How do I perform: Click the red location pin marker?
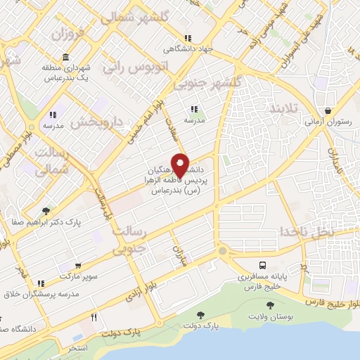tap(180, 165)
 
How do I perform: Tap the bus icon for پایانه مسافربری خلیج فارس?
tap(262, 265)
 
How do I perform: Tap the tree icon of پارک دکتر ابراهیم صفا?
tap(46, 210)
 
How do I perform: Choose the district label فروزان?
tap(67, 33)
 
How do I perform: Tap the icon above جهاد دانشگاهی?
tap(186, 38)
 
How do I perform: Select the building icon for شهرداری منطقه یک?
tap(65, 57)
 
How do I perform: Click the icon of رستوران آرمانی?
tap(328, 110)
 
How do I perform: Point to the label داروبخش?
tap(95, 122)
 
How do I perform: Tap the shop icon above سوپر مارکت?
tap(78, 266)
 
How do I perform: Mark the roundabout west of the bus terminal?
tap(222, 251)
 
